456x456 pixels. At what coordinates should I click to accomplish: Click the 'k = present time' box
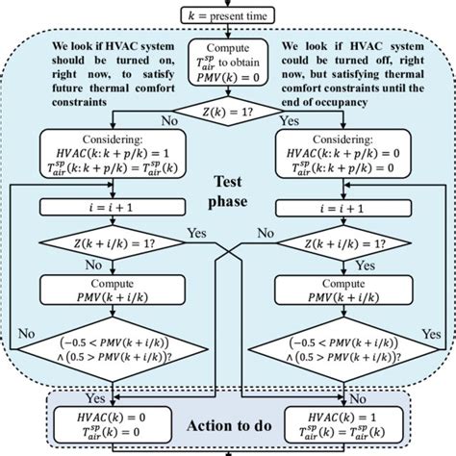(x=228, y=13)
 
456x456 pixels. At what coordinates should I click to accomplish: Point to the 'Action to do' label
(x=228, y=423)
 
